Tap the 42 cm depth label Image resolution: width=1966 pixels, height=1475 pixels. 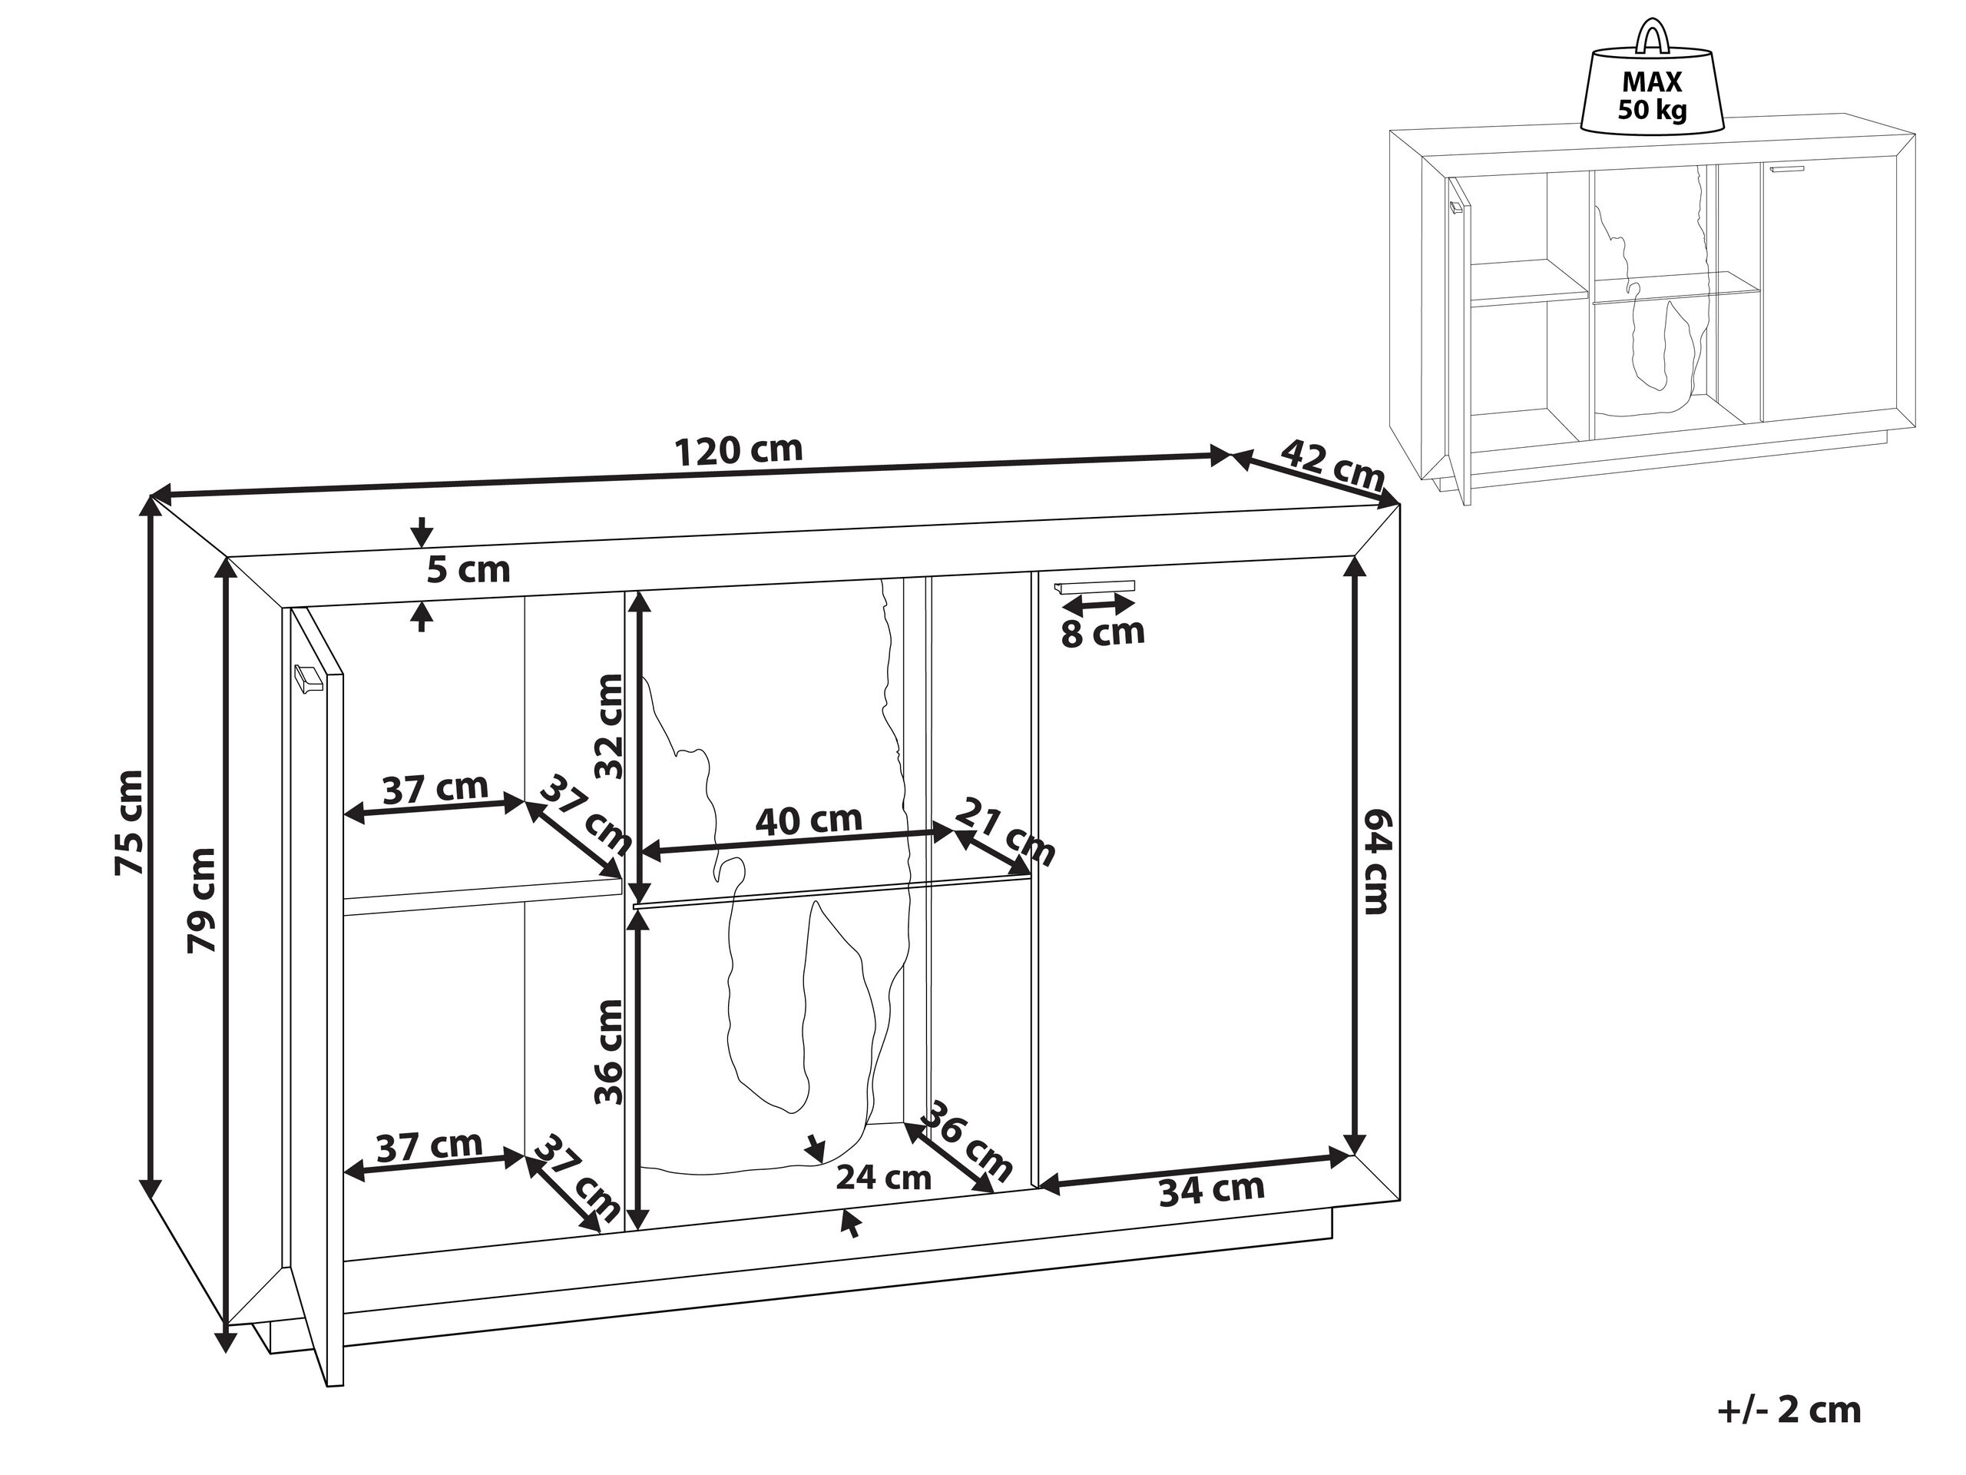click(x=1332, y=464)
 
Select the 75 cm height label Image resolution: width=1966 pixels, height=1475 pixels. click(x=130, y=823)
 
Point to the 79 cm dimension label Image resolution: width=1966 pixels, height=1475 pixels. click(x=203, y=900)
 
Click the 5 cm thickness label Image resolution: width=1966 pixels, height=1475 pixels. click(x=468, y=570)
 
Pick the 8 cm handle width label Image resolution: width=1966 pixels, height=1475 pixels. click(x=1102, y=633)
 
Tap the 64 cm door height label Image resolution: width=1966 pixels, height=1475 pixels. click(x=1372, y=861)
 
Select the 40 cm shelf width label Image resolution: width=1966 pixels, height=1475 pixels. click(x=808, y=819)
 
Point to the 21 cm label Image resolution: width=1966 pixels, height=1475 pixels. click(x=1005, y=832)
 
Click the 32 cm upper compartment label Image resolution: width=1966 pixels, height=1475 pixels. click(x=610, y=727)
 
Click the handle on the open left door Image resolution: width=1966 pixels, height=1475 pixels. click(x=306, y=678)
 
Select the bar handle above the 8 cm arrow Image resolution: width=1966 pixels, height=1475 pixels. click(x=1094, y=586)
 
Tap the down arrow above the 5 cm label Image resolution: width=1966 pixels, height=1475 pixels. click(x=422, y=531)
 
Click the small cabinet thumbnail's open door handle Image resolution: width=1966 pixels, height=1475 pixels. click(x=1455, y=208)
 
